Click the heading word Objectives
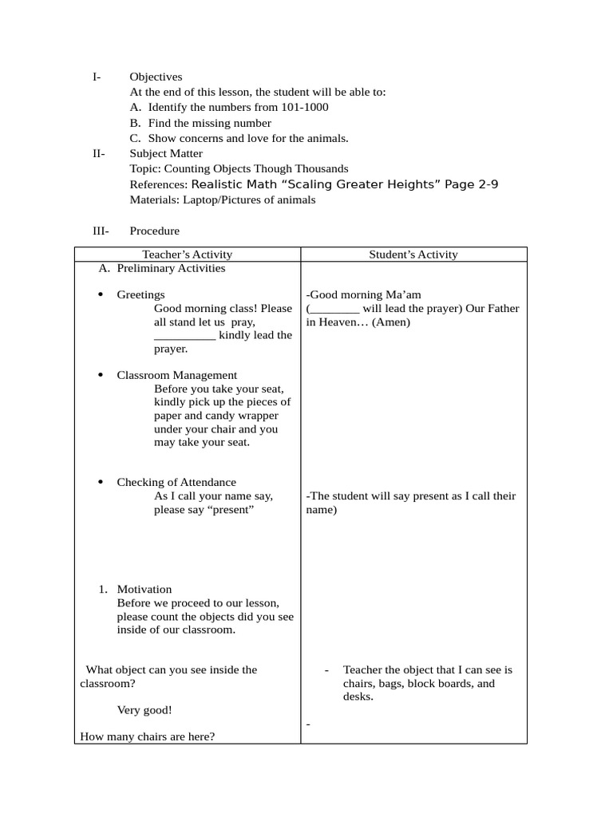pos(156,77)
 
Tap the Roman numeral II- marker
pos(98,153)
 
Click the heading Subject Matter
pos(166,153)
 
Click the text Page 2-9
pos(472,184)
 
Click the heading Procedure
pos(154,231)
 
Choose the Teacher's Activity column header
pos(187,255)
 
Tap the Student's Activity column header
pos(413,255)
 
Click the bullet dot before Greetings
pos(100,295)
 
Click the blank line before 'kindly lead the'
pos(184,336)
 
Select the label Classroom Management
pos(176,375)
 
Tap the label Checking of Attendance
pos(176,482)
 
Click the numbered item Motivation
pos(144,590)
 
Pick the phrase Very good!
pos(144,710)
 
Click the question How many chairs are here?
pos(148,736)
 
